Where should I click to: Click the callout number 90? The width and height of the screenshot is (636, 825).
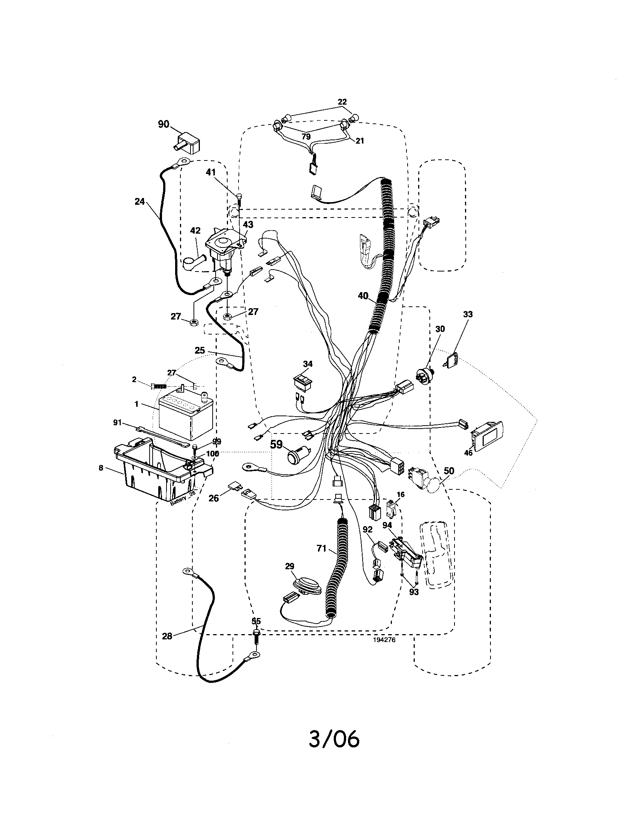click(x=163, y=124)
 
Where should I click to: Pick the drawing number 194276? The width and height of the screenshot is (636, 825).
click(x=384, y=640)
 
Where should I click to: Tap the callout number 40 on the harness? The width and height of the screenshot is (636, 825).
click(x=363, y=296)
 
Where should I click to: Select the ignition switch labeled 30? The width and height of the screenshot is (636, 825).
click(x=423, y=375)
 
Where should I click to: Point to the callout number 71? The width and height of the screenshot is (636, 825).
click(x=321, y=548)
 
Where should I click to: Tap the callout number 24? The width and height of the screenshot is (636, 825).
click(x=140, y=202)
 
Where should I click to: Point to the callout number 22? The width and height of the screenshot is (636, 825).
click(x=342, y=102)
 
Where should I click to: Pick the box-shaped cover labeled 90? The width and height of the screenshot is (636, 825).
click(x=187, y=144)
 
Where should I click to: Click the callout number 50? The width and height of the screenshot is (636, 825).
click(x=448, y=471)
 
